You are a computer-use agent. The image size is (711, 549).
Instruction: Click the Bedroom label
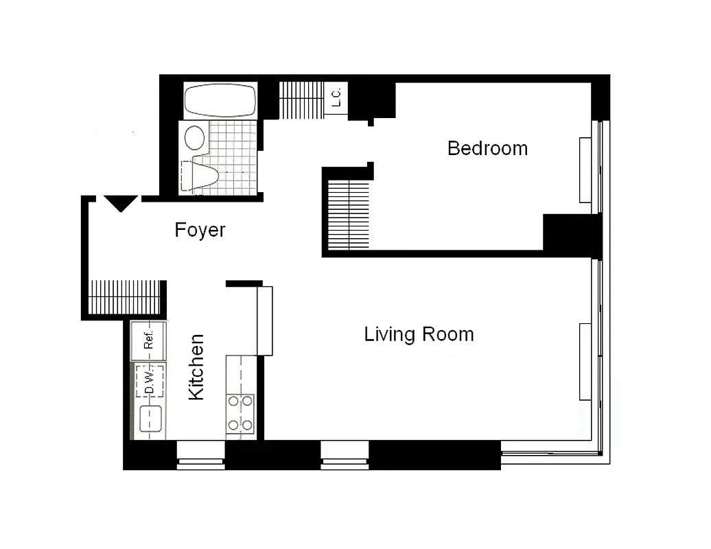pos(487,148)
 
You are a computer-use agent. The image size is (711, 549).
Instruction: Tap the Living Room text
pos(419,335)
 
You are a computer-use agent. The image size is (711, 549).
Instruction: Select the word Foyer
pos(200,230)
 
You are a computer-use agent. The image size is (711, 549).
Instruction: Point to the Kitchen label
pos(196,366)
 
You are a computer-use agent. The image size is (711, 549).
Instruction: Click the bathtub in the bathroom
pos(220,101)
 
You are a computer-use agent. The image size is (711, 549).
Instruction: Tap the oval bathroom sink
pos(196,137)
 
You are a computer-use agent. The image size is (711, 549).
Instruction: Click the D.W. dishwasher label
pos(149,381)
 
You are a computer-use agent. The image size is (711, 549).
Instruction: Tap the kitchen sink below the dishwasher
pos(150,419)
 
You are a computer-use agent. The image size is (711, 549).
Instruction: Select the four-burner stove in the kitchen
pos(240,414)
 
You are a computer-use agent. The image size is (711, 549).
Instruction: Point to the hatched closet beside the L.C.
pos(301,100)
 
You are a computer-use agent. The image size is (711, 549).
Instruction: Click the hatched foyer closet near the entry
pos(125,297)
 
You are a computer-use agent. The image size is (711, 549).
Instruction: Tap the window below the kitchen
pos(201,455)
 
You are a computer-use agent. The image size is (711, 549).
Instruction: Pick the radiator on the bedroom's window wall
pos(585,170)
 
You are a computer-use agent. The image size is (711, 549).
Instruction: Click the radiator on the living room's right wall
pos(585,362)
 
